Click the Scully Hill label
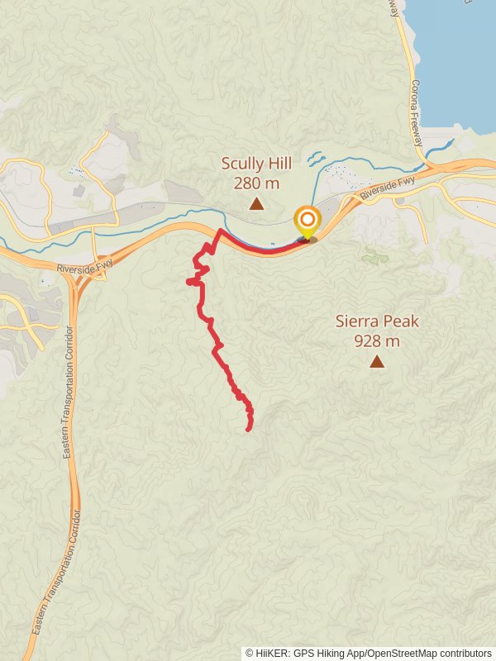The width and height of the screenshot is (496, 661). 256,163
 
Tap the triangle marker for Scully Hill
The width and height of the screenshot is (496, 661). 257,203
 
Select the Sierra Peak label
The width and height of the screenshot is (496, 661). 377,321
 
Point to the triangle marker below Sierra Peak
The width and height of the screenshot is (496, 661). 377,361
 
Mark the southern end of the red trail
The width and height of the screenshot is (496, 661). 249,429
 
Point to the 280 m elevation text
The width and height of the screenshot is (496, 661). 256,182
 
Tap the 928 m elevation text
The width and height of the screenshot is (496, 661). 377,340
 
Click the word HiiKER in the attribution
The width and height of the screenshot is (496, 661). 277,653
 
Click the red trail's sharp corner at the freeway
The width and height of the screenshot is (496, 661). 219,231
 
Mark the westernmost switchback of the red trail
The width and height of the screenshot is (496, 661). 189,283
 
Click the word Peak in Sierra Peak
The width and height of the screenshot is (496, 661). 401,321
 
